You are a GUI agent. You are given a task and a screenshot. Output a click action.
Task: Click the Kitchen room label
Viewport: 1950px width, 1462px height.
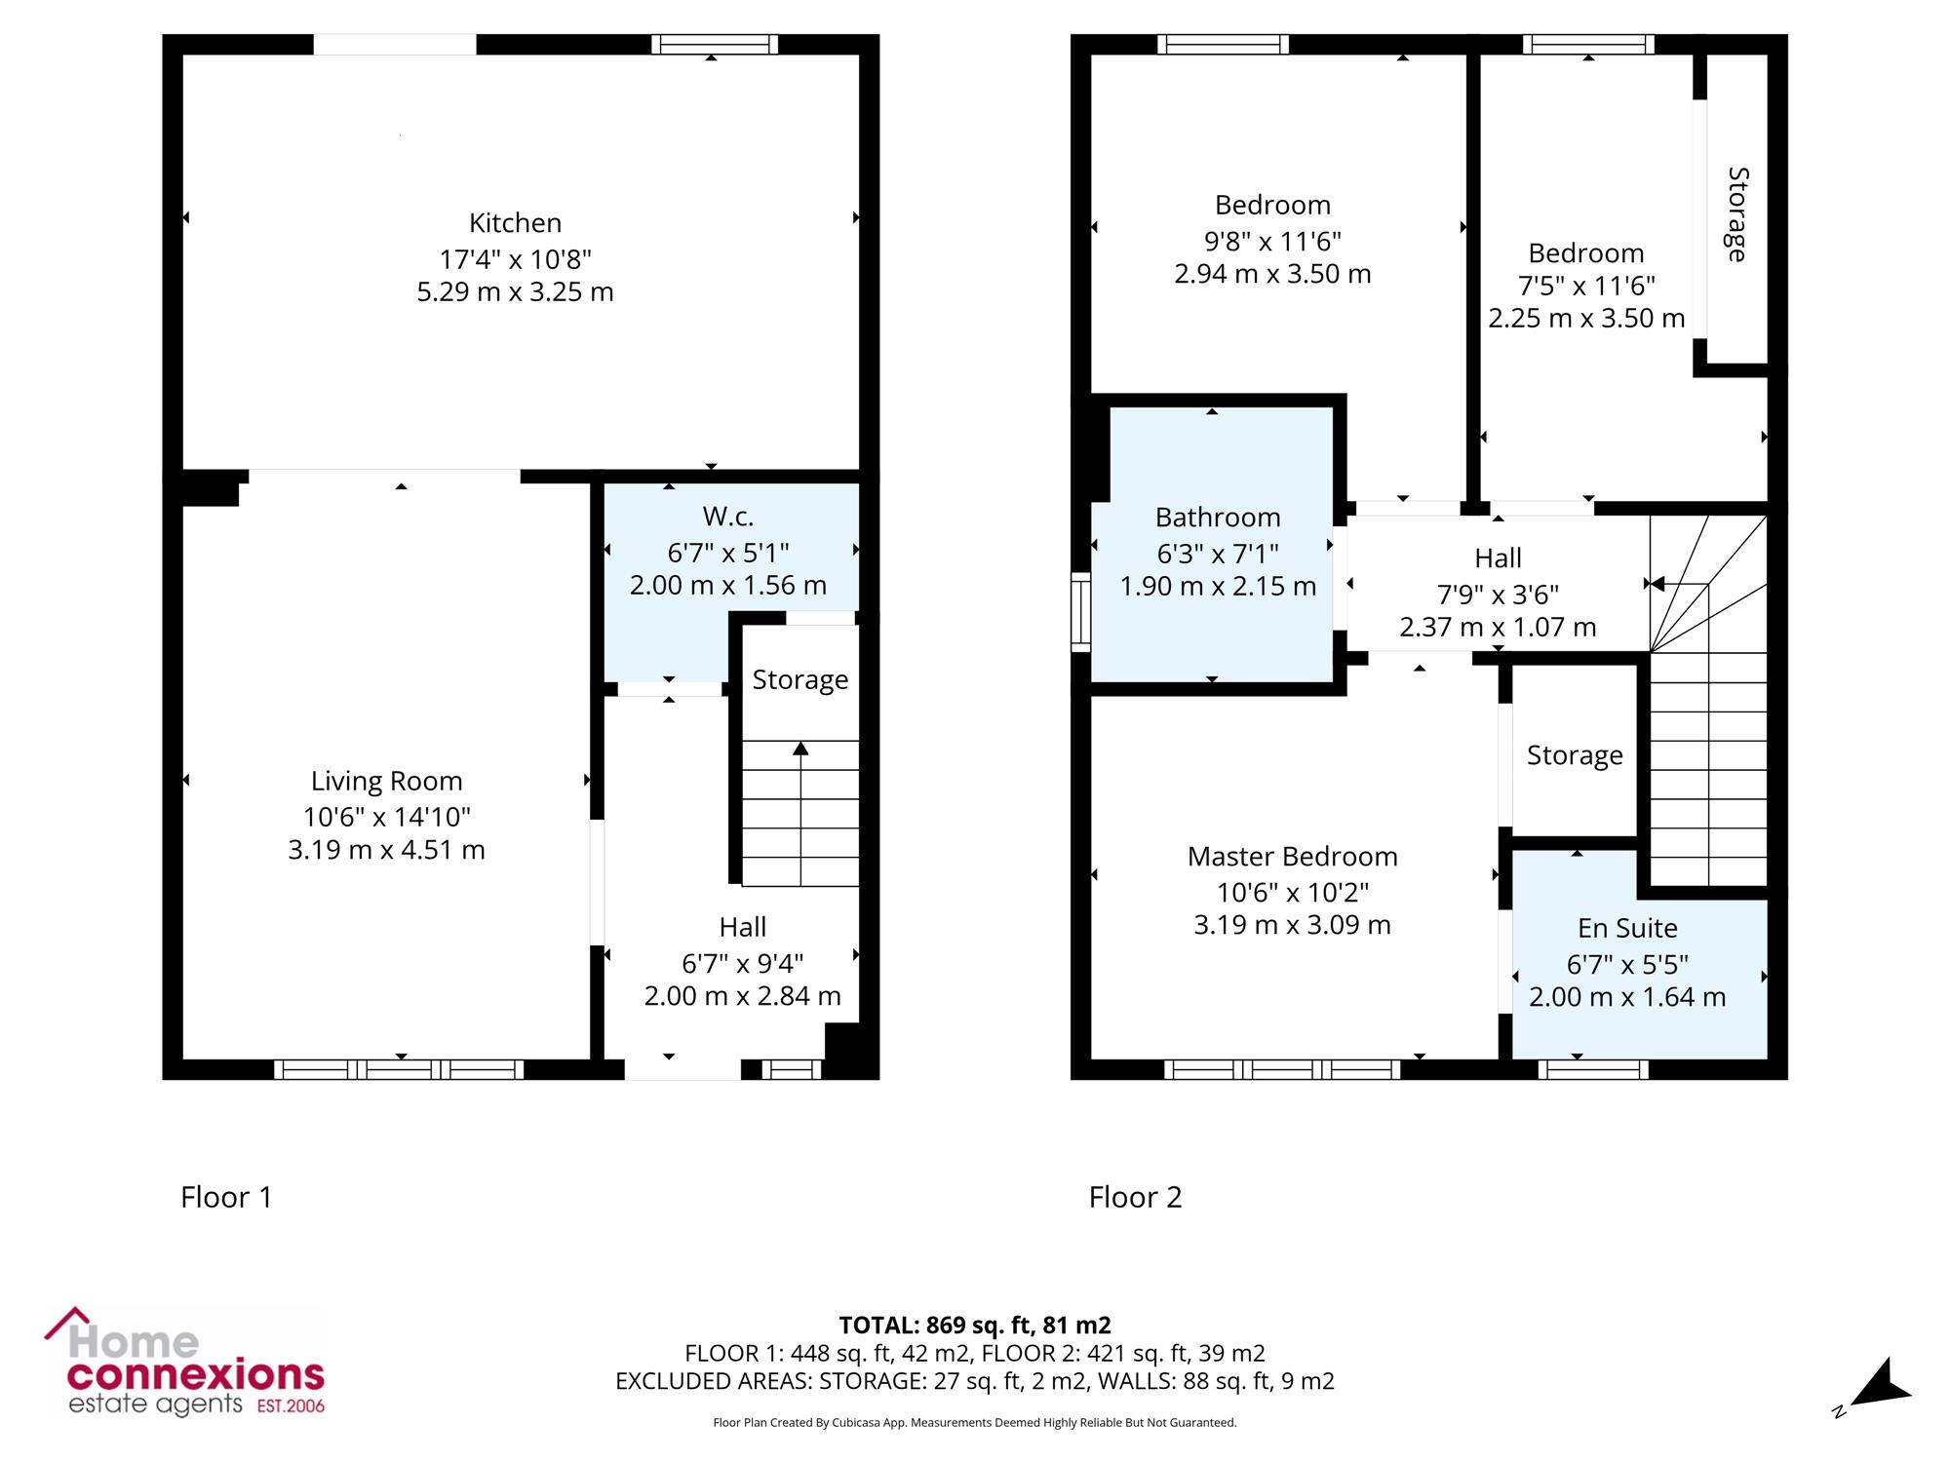515,223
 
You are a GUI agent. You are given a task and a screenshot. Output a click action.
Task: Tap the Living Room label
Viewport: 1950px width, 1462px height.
386,782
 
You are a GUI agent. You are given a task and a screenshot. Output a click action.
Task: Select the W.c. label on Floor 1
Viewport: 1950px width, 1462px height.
728,517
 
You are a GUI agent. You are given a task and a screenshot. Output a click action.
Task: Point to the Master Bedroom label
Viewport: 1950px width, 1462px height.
1293,857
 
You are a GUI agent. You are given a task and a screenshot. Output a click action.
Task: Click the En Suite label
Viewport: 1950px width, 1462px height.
1627,928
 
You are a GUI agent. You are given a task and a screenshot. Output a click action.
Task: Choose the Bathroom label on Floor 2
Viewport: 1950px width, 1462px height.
1218,518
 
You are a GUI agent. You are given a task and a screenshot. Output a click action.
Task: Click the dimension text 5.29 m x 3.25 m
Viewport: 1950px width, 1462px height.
515,292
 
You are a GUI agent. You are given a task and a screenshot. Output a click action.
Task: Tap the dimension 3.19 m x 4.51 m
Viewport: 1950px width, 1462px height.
386,850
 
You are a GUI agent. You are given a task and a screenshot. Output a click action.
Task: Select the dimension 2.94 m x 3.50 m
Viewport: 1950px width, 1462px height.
1272,274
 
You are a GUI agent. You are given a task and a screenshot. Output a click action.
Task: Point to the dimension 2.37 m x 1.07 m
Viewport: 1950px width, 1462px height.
1498,627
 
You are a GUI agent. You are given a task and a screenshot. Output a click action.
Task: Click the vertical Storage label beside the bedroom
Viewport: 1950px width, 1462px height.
1737,214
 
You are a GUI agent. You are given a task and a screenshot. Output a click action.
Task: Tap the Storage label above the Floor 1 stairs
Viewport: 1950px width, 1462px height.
800,680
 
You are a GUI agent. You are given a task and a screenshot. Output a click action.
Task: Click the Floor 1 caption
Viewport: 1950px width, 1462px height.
226,1197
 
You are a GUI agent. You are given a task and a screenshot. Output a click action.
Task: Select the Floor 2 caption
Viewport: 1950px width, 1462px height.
1135,1197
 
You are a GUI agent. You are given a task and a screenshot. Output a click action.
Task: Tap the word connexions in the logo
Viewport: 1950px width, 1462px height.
196,1375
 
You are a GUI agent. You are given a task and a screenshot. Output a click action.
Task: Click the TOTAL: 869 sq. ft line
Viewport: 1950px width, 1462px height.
975,1326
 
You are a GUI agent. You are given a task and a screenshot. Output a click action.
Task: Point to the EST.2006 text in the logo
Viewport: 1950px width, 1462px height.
291,1405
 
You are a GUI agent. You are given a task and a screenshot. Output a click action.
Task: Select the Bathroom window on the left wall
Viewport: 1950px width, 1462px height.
1080,611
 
